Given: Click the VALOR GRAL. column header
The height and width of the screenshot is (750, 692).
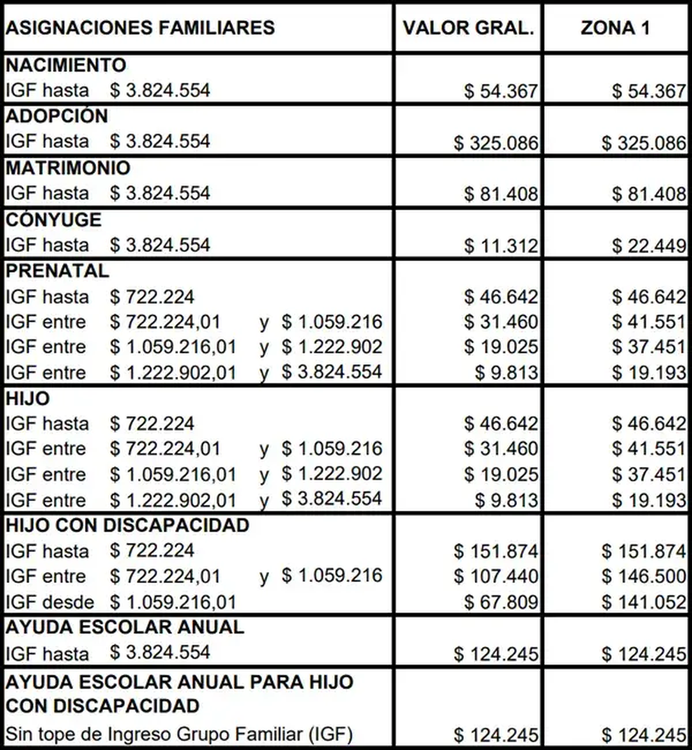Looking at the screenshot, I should point(468,28).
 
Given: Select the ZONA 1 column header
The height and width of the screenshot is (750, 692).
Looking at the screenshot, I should point(615,28).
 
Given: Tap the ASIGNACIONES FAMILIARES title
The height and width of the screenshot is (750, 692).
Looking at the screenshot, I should point(140,28).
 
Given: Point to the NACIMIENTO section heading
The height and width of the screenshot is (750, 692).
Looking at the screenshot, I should point(66,65).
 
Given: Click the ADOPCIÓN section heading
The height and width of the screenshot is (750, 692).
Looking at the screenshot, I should point(57,116).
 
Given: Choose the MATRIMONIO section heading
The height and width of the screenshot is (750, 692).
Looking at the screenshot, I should point(68,168).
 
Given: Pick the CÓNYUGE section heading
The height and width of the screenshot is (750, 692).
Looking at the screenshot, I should point(53,220).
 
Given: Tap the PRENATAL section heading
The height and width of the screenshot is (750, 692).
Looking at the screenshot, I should point(57,271).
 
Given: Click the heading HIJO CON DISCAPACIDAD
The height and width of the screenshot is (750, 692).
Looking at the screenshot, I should point(127,526).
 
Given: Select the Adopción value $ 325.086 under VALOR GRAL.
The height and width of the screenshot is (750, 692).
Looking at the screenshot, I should point(495,142).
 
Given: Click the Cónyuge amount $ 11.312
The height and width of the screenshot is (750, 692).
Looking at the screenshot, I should point(501,246).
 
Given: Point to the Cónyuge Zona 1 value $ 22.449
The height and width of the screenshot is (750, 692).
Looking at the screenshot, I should point(649,246).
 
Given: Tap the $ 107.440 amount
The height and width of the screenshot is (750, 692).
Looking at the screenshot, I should point(495,576).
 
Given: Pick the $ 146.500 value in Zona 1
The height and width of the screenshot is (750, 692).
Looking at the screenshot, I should point(644,576).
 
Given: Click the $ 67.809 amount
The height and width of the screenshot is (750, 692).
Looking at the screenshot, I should point(501,602).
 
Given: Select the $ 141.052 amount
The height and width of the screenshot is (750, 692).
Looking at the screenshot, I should point(644,602).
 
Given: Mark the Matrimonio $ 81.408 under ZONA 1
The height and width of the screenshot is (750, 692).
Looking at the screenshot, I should point(649,194).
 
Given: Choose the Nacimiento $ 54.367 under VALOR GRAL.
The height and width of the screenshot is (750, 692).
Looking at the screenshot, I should point(501,91).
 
